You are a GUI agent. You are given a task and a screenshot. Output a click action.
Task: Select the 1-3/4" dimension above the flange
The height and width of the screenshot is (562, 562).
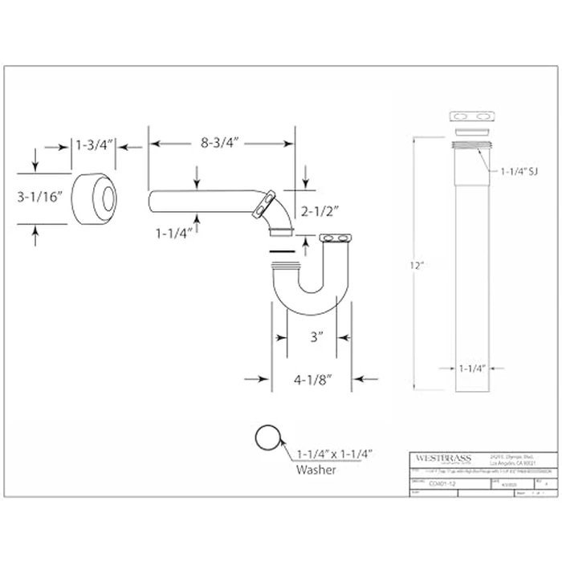point(94,145)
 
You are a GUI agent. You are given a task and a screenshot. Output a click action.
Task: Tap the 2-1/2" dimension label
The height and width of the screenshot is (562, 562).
point(319,211)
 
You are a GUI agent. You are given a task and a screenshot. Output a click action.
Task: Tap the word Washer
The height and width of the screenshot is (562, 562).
point(316,470)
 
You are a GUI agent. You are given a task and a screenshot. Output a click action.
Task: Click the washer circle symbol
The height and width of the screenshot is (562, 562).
point(268,438)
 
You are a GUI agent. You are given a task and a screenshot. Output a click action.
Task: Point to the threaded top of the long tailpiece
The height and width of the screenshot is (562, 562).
point(470,145)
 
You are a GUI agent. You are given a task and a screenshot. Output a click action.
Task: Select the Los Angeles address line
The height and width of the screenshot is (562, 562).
point(507,462)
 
